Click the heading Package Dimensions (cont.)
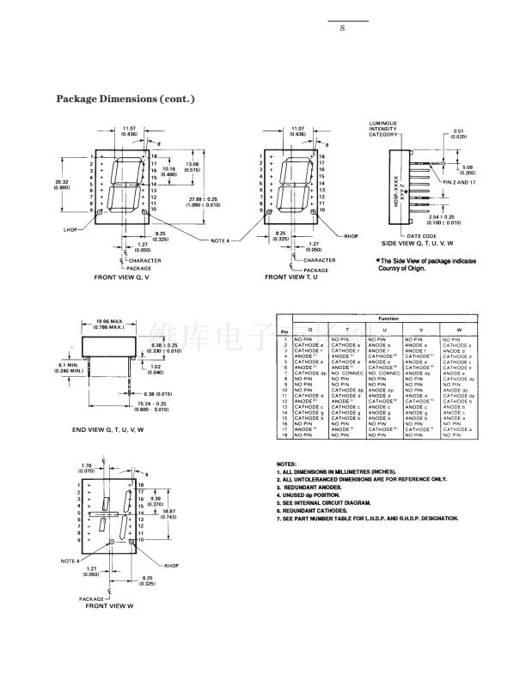pos(125,99)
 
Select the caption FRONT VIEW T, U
pos(291,277)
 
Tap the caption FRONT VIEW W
pos(109,606)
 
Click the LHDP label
pos(70,229)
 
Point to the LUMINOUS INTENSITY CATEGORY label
pos(383,129)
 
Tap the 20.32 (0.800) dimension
pos(62,184)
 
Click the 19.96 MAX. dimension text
pos(109,324)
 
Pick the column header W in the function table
pos(458,330)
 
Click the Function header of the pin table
pos(388,319)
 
